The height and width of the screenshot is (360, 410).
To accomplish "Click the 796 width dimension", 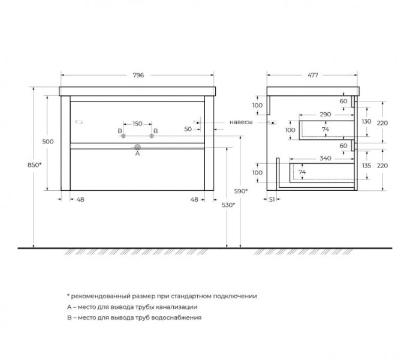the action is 138,75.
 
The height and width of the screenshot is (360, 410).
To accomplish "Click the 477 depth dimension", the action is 312,75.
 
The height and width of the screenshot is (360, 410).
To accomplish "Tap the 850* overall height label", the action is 35,165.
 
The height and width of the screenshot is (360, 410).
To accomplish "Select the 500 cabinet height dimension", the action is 48,142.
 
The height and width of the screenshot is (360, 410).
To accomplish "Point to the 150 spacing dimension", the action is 137,124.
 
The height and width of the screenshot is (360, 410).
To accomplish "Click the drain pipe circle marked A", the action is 137,147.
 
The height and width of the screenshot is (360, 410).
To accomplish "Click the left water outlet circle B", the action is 123,136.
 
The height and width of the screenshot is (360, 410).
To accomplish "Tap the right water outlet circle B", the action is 152,136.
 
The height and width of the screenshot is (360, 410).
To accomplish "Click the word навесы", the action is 241,122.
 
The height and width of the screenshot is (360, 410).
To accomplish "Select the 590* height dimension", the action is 241,191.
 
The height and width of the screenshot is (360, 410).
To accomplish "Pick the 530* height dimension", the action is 228,205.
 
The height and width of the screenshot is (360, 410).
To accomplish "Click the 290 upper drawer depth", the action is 325,115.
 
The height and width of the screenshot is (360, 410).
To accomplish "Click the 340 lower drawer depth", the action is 325,158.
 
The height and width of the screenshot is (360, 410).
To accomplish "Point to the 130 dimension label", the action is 366,121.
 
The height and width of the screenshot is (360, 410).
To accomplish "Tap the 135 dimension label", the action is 366,166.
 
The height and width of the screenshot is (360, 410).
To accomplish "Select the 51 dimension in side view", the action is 272,200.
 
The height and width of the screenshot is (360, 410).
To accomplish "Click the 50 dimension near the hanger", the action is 188,129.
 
